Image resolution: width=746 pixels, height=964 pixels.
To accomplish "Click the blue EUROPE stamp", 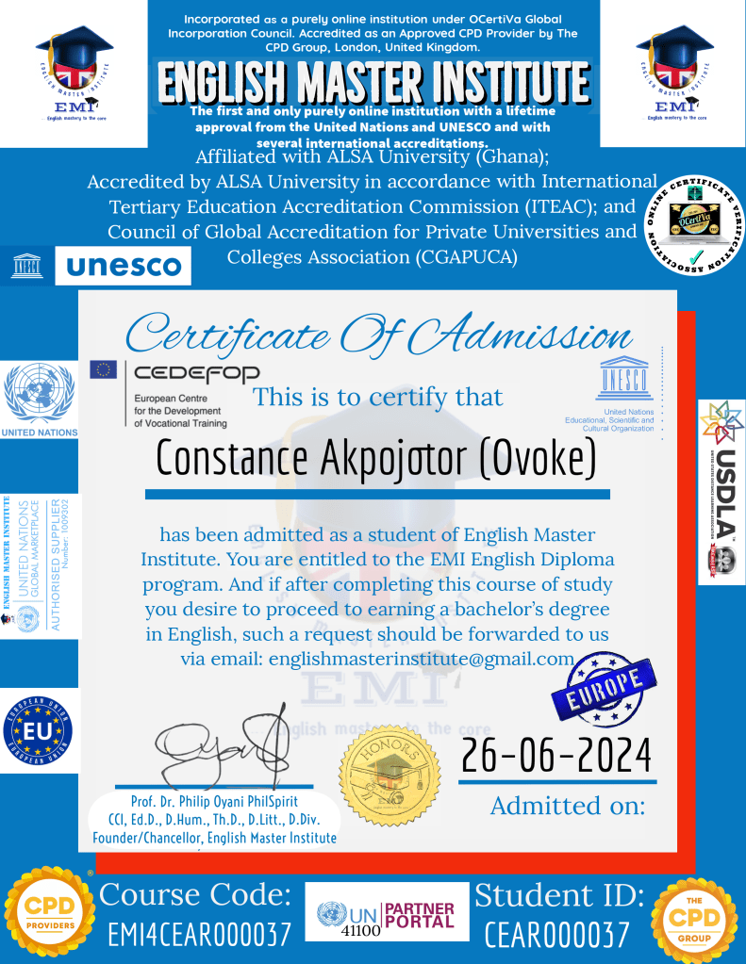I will [x=599, y=691].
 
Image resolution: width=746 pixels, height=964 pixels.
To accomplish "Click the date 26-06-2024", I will [x=556, y=755].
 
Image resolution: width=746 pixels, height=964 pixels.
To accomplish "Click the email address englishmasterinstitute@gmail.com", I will [x=422, y=659].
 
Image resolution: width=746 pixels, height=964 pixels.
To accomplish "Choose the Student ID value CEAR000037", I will [x=556, y=935].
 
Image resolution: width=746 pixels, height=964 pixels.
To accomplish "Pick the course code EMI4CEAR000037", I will [x=199, y=935].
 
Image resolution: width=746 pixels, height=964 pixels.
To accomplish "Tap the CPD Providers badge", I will [x=48, y=913].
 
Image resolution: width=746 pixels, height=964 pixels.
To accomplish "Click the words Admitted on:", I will [x=568, y=806].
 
